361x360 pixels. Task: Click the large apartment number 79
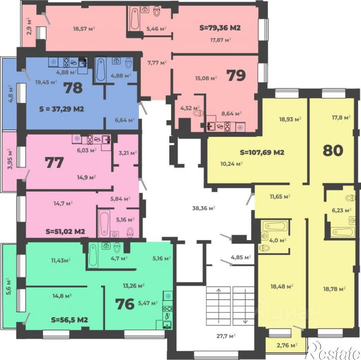pyautogui.click(x=237, y=76)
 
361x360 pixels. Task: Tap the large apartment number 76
pyautogui.click(x=125, y=304)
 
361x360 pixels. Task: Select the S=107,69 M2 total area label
pyautogui.click(x=262, y=152)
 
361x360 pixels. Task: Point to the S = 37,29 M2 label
pyautogui.click(x=61, y=109)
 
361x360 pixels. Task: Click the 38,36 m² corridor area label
pyautogui.click(x=204, y=208)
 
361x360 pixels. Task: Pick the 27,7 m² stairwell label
pyautogui.click(x=226, y=336)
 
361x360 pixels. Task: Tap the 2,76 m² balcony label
pyautogui.click(x=287, y=345)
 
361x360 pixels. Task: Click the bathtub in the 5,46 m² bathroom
pyautogui.click(x=134, y=18)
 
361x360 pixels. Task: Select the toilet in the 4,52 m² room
pyautogui.click(x=199, y=113)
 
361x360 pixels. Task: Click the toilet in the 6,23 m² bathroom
pyautogui.click(x=351, y=198)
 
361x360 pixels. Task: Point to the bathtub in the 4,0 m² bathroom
pyautogui.click(x=275, y=226)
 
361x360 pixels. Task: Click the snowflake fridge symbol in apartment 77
pyautogui.click(x=77, y=139)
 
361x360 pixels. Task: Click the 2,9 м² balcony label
pyautogui.click(x=29, y=26)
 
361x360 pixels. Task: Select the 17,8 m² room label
pyautogui.click(x=341, y=118)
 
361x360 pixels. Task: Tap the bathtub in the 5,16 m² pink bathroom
pyautogui.click(x=104, y=223)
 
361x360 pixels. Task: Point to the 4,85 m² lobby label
pyautogui.click(x=241, y=257)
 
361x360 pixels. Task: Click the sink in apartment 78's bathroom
pyautogui.click(x=116, y=61)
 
